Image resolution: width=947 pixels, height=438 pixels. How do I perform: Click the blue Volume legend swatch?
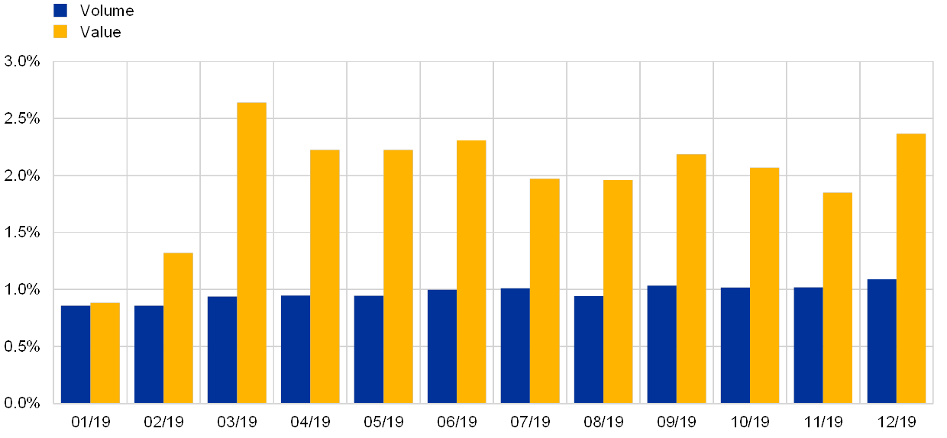tap(60, 11)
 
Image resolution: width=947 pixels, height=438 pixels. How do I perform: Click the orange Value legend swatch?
tap(60, 32)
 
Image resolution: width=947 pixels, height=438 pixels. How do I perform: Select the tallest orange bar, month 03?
tap(251, 253)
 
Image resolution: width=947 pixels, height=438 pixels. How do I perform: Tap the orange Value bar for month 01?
tap(105, 353)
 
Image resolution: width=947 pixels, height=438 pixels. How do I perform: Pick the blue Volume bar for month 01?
tap(76, 354)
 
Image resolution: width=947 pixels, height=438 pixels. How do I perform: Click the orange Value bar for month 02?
tap(178, 327)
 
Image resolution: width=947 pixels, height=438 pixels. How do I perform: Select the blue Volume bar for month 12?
tap(881, 341)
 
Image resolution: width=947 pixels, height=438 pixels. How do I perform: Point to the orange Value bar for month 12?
tap(910, 268)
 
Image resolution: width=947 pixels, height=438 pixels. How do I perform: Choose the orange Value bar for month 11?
tap(837, 298)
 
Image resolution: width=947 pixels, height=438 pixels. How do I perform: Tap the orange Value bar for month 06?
tap(471, 272)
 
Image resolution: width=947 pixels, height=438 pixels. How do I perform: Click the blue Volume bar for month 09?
tap(661, 344)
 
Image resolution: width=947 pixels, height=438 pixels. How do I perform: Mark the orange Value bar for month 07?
tap(545, 291)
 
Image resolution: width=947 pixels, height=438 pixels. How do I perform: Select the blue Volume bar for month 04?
tap(295, 349)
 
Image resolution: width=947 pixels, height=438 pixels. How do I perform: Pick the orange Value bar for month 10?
tap(764, 285)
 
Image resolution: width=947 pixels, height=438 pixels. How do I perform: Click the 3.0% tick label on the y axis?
tap(22, 61)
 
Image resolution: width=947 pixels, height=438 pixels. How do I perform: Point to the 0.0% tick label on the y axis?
tap(22, 403)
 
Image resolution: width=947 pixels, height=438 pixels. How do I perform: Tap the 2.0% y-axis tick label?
tap(22, 176)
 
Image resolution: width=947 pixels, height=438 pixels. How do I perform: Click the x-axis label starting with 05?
tap(383, 421)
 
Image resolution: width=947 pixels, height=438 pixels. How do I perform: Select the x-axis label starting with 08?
tap(603, 421)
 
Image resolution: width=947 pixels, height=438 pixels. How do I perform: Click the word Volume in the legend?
tap(107, 11)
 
